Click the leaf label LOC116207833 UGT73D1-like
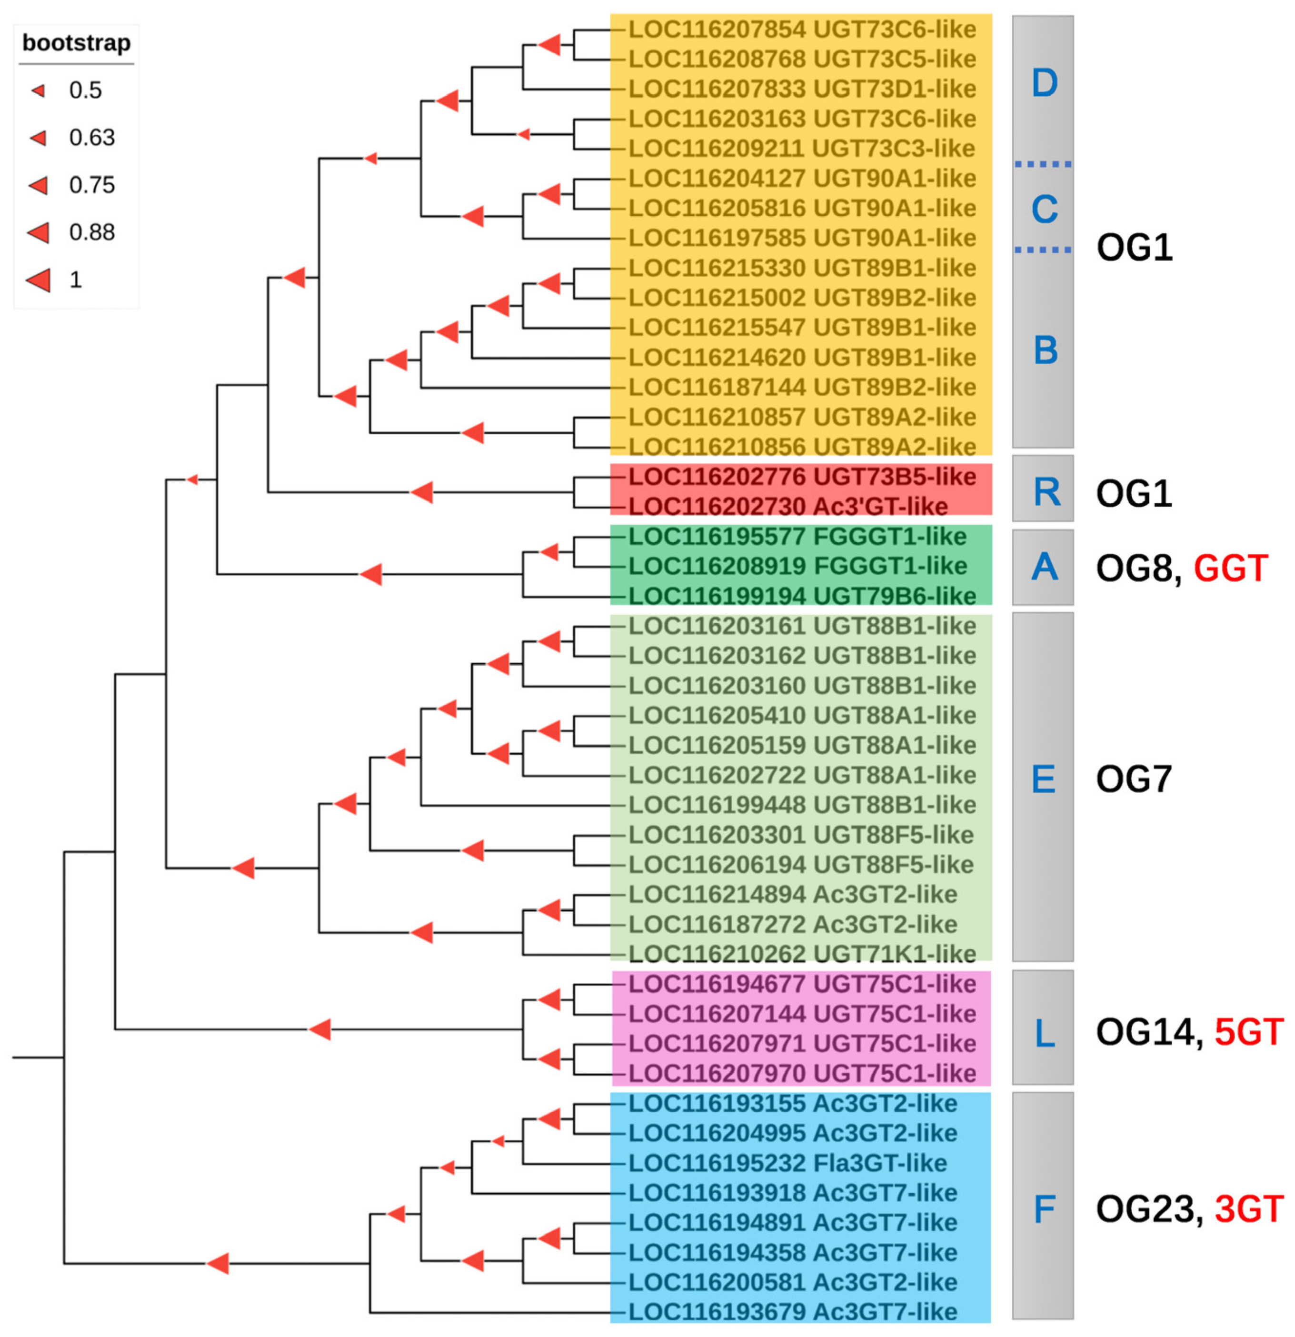[802, 89]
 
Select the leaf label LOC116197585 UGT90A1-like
[802, 238]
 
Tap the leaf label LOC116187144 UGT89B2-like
[802, 387]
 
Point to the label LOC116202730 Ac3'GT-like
[787, 506]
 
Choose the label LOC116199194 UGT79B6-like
[802, 596]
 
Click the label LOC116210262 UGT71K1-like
[802, 954]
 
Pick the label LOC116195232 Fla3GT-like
[787, 1163]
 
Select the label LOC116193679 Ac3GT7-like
[792, 1312]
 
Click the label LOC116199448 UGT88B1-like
[802, 805]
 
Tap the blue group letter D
[1044, 83]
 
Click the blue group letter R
[1046, 491]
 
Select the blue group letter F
[1045, 1209]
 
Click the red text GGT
[1231, 568]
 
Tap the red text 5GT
[1249, 1032]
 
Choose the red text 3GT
[1249, 1209]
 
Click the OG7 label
[1134, 779]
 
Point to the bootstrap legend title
[76, 43]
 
